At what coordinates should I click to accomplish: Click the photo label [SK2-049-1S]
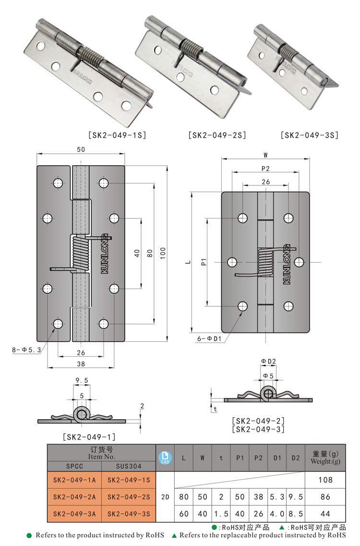[x=117, y=135]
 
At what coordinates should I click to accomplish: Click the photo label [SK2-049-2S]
[x=217, y=135]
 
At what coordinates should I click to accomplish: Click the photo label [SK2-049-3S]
[x=310, y=135]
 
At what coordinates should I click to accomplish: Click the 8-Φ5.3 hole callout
[x=26, y=350]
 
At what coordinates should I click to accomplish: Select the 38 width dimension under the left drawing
[x=81, y=364]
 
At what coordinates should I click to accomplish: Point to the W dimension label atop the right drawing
[x=265, y=155]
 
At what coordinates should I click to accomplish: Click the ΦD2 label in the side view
[x=268, y=361]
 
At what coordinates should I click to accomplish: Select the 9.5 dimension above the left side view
[x=82, y=380]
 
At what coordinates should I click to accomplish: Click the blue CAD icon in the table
[x=165, y=458]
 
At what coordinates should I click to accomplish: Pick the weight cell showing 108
[x=325, y=480]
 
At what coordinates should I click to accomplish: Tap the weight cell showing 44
[x=325, y=513]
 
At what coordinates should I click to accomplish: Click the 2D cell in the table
[x=165, y=497]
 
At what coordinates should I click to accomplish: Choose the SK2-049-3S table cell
[x=129, y=513]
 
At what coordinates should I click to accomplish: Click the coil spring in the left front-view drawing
[x=81, y=253]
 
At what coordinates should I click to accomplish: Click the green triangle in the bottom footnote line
[x=174, y=535]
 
